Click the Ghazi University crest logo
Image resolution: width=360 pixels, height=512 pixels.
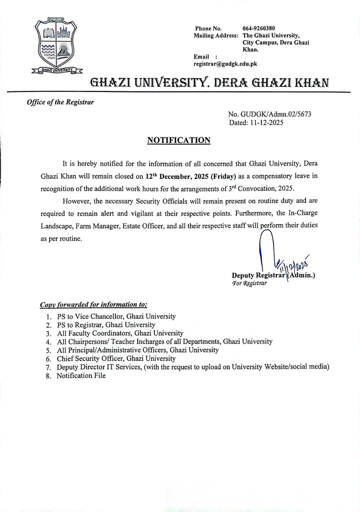tap(56, 46)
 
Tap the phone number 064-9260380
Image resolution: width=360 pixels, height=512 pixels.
tap(258, 28)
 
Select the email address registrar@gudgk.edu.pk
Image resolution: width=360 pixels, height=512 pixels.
tap(225, 64)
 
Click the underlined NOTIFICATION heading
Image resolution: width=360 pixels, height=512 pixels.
tap(179, 140)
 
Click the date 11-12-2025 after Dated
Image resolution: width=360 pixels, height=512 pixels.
tap(266, 123)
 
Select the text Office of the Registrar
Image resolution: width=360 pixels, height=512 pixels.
tap(60, 102)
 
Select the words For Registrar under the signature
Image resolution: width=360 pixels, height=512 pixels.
tap(249, 283)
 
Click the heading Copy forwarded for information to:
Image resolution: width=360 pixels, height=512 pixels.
tap(94, 305)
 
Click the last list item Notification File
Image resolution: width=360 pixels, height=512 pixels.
tap(81, 376)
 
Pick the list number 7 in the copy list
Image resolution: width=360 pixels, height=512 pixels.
tap(48, 367)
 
